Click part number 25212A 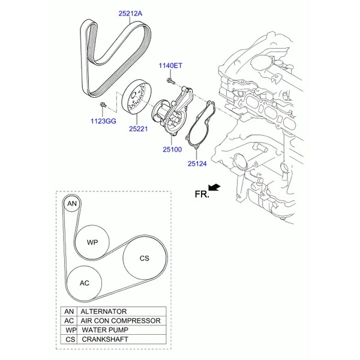click(130, 14)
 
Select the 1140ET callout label click(170, 65)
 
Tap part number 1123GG click(103, 121)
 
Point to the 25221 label click(138, 129)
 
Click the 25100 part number click(172, 149)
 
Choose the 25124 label click(197, 164)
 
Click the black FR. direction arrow click(214, 187)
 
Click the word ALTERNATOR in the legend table click(104, 311)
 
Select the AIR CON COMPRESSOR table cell click(121, 321)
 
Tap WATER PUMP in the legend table click(105, 330)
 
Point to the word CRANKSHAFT click(105, 340)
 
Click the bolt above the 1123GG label click(103, 105)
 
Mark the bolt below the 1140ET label click(170, 80)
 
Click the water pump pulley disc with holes click(136, 97)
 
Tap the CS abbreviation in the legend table click(70, 340)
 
